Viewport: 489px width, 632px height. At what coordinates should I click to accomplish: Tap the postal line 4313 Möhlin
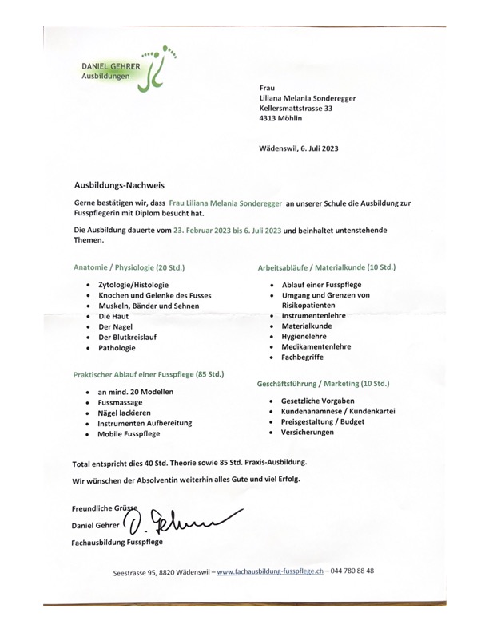point(281,118)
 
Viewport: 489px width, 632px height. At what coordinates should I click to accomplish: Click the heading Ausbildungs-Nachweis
point(119,184)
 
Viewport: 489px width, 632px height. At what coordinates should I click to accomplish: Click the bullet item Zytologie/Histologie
point(133,285)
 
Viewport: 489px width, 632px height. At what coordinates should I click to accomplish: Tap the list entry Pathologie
point(117,348)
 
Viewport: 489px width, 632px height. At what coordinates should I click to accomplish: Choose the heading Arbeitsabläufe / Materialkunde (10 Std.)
point(326,267)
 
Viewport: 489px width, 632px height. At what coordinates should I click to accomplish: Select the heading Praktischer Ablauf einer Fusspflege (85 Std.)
point(149,373)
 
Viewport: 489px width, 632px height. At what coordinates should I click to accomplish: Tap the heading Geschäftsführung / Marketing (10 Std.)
point(323,384)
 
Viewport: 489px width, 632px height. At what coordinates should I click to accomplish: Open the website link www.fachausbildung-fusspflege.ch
point(270,571)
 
